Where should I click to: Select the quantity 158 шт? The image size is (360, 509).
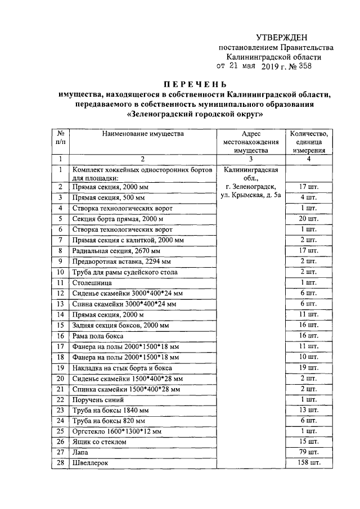point(309,463)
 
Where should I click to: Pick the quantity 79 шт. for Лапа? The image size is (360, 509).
point(309,452)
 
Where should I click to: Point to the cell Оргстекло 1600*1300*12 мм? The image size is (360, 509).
point(117,431)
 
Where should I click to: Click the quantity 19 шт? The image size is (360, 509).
point(309,367)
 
